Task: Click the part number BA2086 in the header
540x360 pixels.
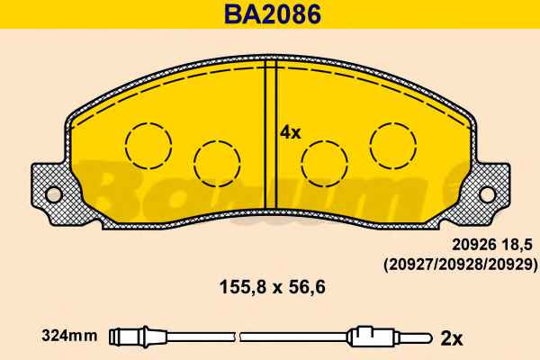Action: point(273,14)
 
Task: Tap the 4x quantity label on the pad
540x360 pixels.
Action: point(291,132)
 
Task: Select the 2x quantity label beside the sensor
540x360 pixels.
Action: point(452,339)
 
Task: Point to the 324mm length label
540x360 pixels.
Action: point(69,336)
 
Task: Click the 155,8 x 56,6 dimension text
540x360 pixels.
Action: point(273,287)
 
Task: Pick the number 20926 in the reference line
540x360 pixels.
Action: point(474,245)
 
